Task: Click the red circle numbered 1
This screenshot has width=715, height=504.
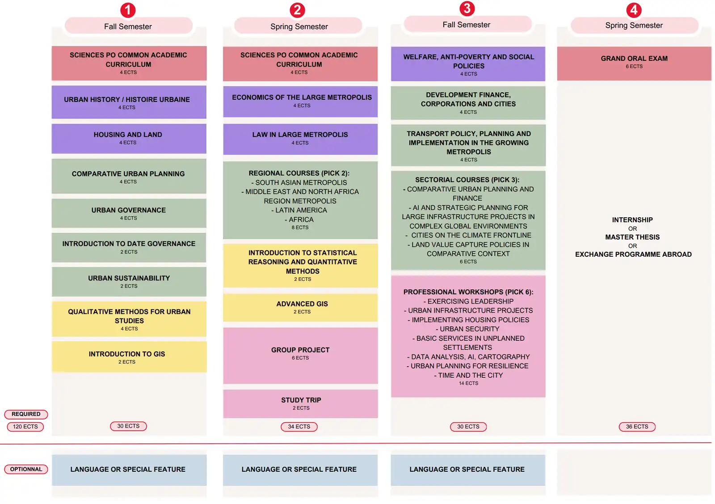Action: point(128,10)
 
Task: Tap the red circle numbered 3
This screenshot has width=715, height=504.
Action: point(467,8)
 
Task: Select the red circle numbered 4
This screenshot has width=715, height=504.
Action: point(634,10)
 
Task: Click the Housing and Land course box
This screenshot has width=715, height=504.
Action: point(129,139)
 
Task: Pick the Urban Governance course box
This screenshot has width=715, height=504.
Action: point(129,213)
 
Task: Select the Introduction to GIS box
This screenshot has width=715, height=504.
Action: point(129,357)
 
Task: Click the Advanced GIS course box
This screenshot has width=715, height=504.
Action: point(300,307)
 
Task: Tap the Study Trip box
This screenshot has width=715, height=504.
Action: point(300,404)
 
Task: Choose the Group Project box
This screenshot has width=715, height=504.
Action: point(300,356)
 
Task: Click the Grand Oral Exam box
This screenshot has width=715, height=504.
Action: point(634,64)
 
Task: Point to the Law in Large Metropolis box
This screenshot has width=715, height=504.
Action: point(300,139)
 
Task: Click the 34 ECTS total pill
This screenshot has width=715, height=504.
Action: point(299,427)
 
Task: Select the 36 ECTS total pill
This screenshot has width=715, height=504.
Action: point(637,427)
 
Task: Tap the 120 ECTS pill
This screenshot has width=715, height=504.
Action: point(25,427)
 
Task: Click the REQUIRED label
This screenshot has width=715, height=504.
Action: point(26,414)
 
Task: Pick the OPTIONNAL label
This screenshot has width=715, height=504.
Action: point(26,469)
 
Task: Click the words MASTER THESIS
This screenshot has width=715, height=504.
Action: point(632,237)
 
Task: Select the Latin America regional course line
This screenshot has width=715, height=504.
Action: point(299,210)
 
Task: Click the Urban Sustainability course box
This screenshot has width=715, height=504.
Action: point(129,282)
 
